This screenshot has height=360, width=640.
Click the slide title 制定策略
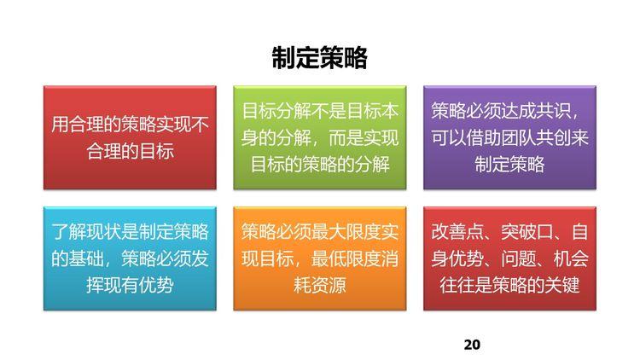tap(319, 57)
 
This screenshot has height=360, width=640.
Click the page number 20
tap(472, 345)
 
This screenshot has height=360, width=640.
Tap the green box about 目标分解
tap(320, 137)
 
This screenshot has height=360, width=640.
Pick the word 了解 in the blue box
tap(69, 231)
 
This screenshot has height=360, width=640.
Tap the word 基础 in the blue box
tap(86, 258)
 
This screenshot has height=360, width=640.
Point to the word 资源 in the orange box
tap(329, 284)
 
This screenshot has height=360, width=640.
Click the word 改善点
tap(457, 231)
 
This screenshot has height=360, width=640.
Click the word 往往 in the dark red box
tap(457, 284)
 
